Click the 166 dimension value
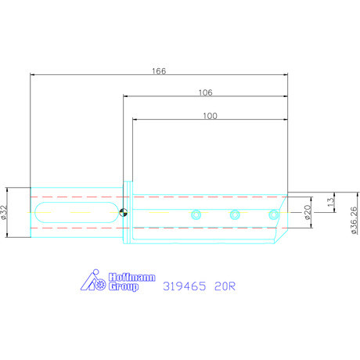click(x=159, y=70)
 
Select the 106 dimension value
click(x=206, y=92)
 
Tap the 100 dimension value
click(x=210, y=115)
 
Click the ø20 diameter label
click(x=308, y=211)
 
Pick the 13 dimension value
click(x=331, y=203)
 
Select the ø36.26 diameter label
click(x=355, y=220)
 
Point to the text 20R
click(x=225, y=286)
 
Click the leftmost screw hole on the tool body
click(x=196, y=214)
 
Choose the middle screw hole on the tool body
click(x=234, y=214)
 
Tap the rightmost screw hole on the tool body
click(x=273, y=214)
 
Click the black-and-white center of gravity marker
click(x=123, y=211)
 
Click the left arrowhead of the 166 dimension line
click(x=32, y=75)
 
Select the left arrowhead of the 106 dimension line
click(x=125, y=96)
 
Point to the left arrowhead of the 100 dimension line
click(x=135, y=120)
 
